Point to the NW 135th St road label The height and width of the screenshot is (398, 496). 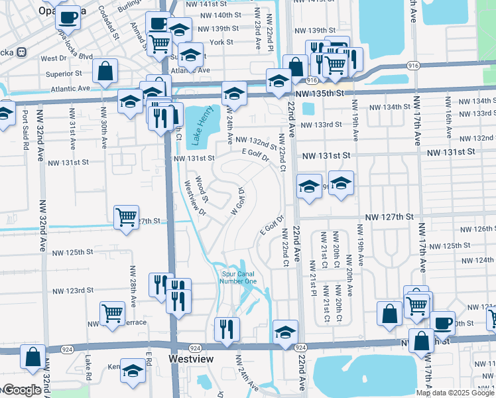point(324,94)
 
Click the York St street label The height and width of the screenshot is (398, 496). point(221,42)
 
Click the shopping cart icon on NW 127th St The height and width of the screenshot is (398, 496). point(126,217)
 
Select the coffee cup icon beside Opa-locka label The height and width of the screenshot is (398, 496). point(68,17)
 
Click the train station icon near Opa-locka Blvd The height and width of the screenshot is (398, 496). point(21,52)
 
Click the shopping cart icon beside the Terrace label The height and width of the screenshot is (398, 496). point(112,312)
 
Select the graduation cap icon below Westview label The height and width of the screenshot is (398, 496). point(133,371)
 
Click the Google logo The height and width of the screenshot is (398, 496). point(22,390)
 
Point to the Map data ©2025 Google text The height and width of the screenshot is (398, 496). point(455,393)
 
